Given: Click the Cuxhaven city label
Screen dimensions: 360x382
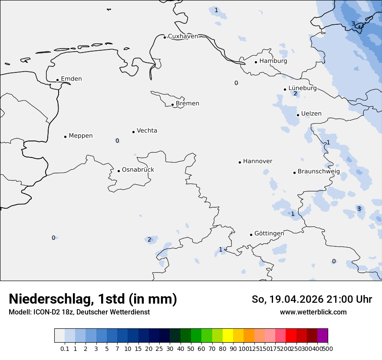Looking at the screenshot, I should point(183,36).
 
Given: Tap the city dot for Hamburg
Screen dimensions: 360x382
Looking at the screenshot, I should point(256,62).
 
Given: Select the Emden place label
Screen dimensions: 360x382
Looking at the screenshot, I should point(71,79).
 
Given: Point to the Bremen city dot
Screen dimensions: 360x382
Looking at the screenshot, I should point(172,105).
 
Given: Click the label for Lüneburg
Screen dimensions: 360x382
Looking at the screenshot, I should point(303,88).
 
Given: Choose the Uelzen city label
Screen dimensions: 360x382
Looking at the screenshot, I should point(311,114).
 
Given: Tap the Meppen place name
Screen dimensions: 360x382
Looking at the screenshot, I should point(81,136).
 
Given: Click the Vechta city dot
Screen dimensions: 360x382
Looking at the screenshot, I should point(133,132).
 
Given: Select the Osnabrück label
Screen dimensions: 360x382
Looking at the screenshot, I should point(138,170).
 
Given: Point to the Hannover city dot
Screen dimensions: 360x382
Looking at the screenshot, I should point(240,162).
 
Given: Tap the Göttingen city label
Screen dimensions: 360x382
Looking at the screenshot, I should point(269,234).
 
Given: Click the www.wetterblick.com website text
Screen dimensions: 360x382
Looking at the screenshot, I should point(313,312).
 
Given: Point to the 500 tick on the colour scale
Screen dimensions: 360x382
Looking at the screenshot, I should point(328,349).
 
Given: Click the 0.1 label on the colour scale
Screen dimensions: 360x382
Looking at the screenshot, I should point(65,349).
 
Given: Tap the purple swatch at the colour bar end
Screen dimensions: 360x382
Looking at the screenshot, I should point(323,336).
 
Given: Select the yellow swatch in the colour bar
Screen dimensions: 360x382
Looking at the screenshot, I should point(228,336).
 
